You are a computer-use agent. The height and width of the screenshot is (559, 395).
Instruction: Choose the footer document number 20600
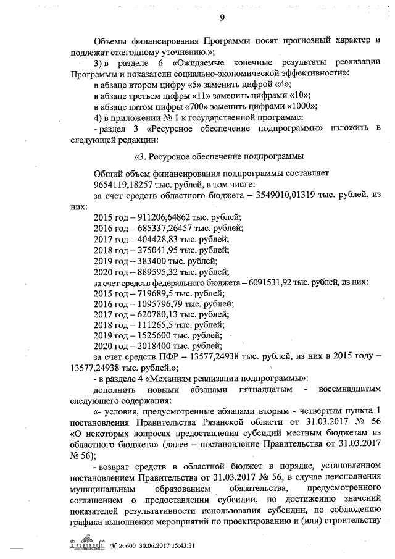coord(120,545)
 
